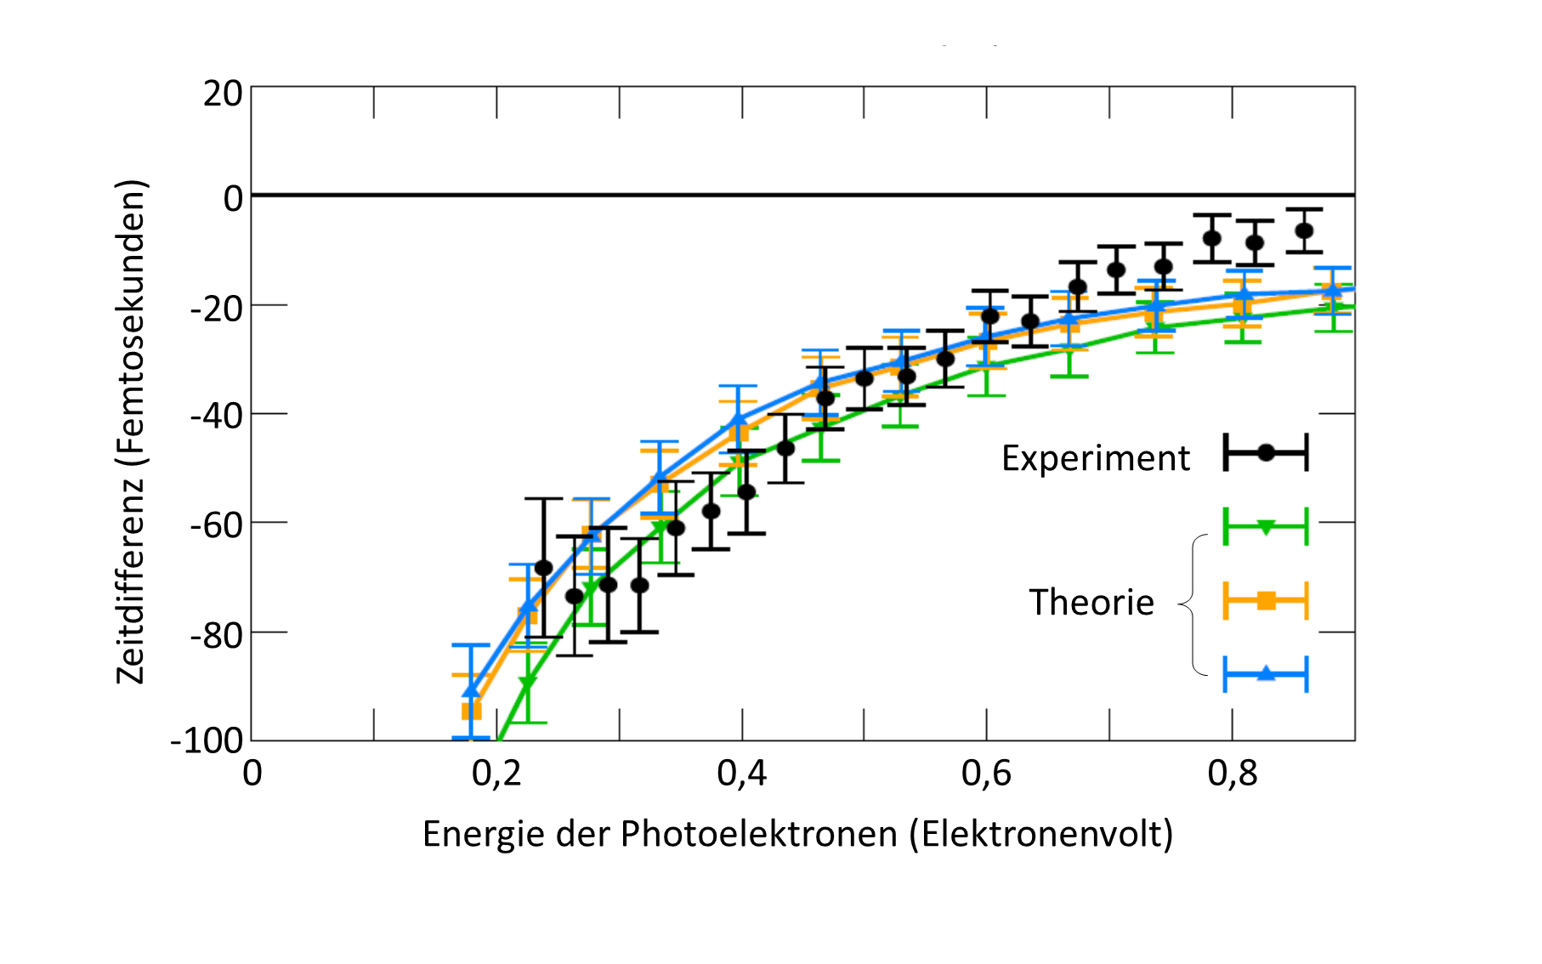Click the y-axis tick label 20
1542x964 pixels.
point(223,94)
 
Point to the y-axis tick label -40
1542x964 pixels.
point(216,417)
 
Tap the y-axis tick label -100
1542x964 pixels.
point(207,740)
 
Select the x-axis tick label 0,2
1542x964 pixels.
point(496,774)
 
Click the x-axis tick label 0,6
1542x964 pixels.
point(986,774)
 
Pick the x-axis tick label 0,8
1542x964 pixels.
point(1233,774)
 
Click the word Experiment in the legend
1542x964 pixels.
point(1095,458)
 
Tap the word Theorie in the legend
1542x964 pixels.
point(1091,603)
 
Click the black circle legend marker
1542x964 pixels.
point(1266,452)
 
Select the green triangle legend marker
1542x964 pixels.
point(1266,527)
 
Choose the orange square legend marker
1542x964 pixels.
point(1266,601)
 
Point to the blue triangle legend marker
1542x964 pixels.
point(1266,674)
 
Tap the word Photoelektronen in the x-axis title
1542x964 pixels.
point(758,834)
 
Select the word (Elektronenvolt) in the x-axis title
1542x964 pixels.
point(1040,834)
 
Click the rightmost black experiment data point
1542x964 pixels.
point(1304,231)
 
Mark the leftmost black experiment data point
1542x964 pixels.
point(543,568)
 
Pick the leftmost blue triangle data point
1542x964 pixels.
point(471,690)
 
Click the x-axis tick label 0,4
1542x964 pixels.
point(741,774)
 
